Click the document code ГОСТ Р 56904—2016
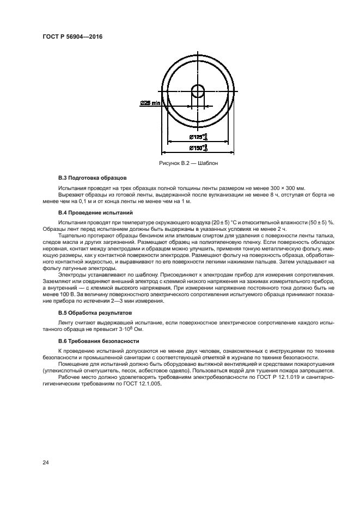click(x=72, y=36)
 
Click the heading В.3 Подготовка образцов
click(x=92, y=178)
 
